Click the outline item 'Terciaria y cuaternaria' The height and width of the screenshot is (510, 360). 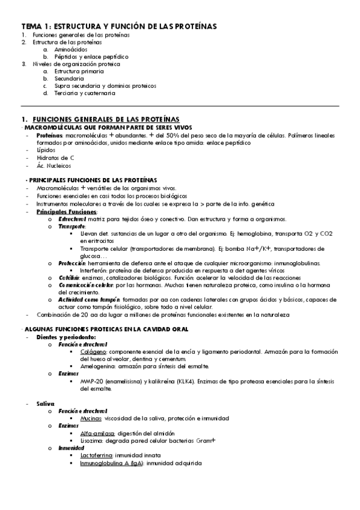point(84,93)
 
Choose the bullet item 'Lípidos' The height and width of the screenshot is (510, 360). point(45,150)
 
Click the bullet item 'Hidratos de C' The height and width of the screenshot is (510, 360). point(55,158)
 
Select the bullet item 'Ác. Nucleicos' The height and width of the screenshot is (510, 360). point(53,165)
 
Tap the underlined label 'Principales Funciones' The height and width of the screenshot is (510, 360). point(66,212)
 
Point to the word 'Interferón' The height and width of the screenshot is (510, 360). point(94,270)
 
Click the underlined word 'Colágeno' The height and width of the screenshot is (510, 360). point(94,351)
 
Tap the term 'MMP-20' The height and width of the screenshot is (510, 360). point(91,381)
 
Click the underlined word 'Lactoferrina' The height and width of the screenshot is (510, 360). point(97,455)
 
